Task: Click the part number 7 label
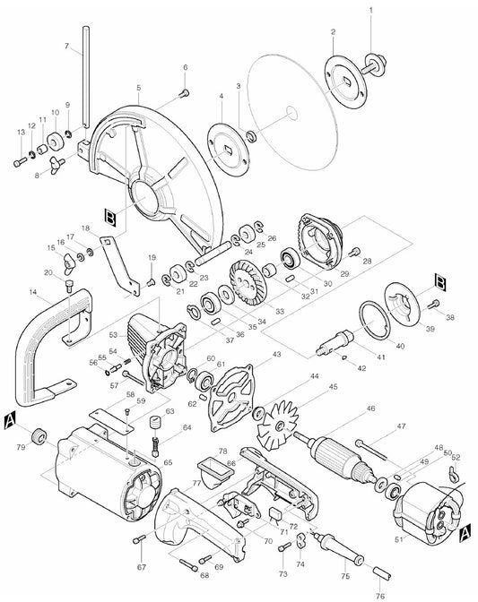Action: point(66,46)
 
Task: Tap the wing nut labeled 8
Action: point(56,164)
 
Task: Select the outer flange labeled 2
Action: point(345,82)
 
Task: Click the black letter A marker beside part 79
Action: point(10,421)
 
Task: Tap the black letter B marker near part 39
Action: point(439,281)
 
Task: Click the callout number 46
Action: point(370,408)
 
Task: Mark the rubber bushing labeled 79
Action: point(39,435)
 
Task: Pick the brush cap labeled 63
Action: point(156,425)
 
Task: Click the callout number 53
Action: point(113,335)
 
